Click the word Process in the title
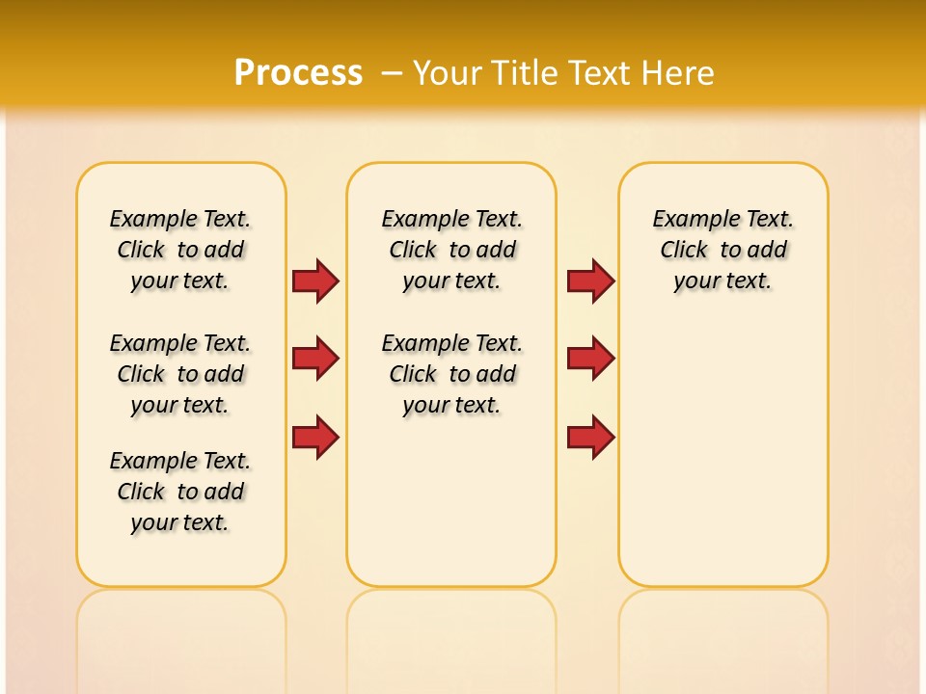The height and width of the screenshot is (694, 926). point(298,73)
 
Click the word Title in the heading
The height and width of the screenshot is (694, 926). point(525,73)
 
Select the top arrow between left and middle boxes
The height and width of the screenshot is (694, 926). point(315,280)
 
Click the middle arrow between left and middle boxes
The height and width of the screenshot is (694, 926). point(315,359)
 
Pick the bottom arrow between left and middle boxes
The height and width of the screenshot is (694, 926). point(315,438)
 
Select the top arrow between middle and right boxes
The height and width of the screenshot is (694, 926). point(590,280)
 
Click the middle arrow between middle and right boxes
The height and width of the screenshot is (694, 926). point(590,359)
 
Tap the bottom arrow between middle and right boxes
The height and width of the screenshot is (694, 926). point(590,438)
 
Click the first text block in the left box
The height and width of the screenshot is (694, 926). point(180,250)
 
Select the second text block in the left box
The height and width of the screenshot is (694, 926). point(180,374)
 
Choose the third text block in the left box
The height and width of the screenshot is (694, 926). point(180,492)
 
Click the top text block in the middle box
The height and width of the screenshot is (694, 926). point(451,250)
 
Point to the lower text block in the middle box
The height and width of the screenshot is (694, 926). point(451,374)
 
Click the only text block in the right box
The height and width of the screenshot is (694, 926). point(722,250)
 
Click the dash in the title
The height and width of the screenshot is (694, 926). point(392,73)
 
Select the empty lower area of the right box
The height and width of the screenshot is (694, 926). point(722,453)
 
